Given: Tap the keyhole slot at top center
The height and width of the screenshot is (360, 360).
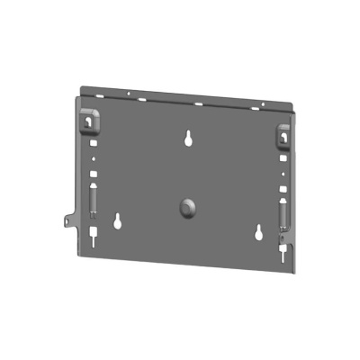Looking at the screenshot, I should pyautogui.click(x=189, y=139).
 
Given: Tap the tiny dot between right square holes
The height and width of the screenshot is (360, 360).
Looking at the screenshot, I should pyautogui.click(x=284, y=174).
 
